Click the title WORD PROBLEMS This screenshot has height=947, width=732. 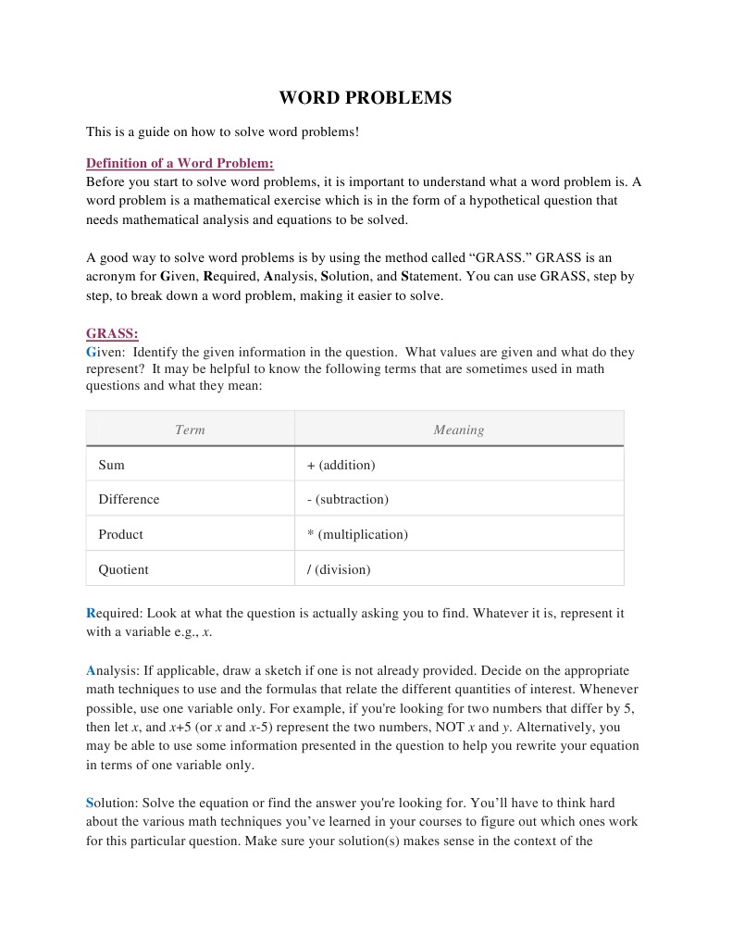(366, 98)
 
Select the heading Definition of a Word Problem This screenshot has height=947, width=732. (180, 163)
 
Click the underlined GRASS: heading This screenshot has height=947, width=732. (112, 333)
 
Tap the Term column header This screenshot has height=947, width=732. (190, 430)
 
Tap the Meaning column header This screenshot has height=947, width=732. (458, 430)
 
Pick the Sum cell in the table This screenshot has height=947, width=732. (112, 465)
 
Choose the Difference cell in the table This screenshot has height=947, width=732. (129, 499)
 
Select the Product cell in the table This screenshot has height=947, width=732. (120, 534)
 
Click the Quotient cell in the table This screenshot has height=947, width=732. (123, 569)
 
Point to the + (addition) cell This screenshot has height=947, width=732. (341, 465)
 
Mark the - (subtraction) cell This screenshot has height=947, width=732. (347, 499)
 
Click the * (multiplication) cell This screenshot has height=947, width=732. (357, 534)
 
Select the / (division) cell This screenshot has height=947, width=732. (338, 569)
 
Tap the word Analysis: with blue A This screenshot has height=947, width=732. (110, 670)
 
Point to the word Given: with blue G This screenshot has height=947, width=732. (104, 352)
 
